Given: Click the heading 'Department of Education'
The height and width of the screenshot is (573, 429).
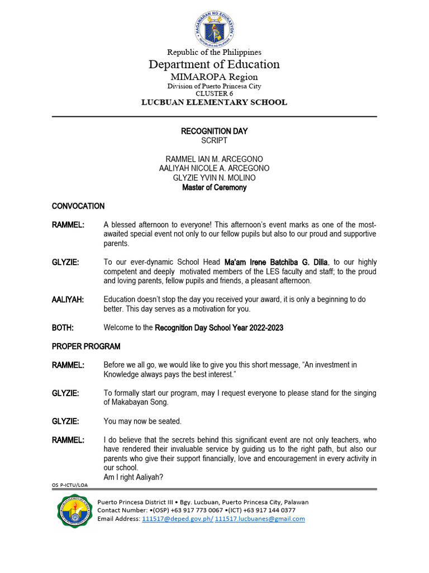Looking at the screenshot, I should [214, 64].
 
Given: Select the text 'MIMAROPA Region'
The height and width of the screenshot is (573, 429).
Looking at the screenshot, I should [214, 77].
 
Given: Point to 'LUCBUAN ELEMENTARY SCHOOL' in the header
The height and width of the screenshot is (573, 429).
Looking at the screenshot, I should [214, 102].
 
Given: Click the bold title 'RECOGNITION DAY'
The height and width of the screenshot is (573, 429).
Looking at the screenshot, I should [214, 131].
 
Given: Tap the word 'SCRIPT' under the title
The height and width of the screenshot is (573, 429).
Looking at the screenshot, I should [214, 140].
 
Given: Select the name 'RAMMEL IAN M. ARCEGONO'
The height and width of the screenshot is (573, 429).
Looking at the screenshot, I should [214, 159].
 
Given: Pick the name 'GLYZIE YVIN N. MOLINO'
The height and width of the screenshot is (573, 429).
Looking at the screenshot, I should [214, 178].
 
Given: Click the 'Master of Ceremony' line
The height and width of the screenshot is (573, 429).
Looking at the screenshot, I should [214, 187].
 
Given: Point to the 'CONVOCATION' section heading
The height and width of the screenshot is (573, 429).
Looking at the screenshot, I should [78, 206].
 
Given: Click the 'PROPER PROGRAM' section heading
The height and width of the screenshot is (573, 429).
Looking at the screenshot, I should [86, 346].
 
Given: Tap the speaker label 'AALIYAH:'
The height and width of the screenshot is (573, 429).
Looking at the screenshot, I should [68, 299].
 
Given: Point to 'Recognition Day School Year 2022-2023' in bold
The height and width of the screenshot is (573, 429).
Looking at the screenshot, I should [219, 327].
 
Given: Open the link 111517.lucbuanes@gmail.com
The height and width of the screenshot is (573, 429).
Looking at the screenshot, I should [260, 519].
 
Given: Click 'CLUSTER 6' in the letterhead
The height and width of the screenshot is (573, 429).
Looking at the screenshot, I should [214, 93].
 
